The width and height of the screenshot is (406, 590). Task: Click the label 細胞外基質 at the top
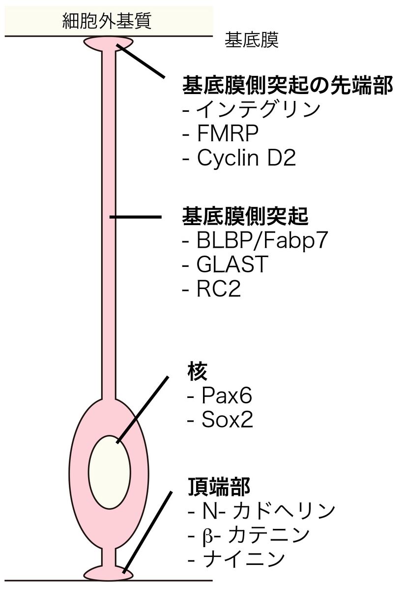coord(107,20)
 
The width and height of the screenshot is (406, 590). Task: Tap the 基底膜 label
coord(251,41)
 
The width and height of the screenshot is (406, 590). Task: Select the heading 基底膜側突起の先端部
coord(288,86)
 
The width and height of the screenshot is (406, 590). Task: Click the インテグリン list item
coord(258,109)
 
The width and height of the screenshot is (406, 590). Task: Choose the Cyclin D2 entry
coord(246,158)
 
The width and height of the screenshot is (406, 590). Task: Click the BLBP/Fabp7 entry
coord(261,241)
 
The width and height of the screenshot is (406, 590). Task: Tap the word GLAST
coord(232,265)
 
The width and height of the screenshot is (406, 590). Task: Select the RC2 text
coord(218,289)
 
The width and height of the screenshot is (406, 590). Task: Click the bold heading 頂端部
coord(219,487)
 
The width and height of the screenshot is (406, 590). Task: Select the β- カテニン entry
coord(255,535)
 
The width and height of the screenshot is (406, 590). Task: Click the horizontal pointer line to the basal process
coord(135,217)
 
